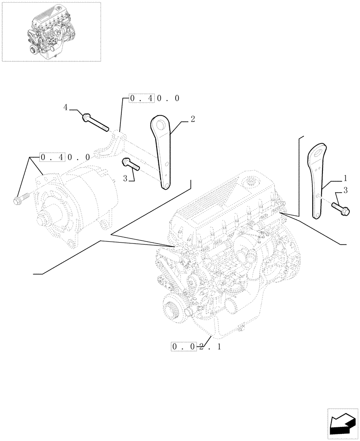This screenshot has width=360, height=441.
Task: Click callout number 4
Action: (66, 107)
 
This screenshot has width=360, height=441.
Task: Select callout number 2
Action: (193, 119)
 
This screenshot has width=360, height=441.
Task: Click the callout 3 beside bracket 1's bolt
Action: (345, 191)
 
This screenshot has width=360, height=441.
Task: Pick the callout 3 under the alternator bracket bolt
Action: (126, 178)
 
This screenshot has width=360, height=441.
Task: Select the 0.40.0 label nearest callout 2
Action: (154, 98)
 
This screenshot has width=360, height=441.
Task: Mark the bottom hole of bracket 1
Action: (316, 215)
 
